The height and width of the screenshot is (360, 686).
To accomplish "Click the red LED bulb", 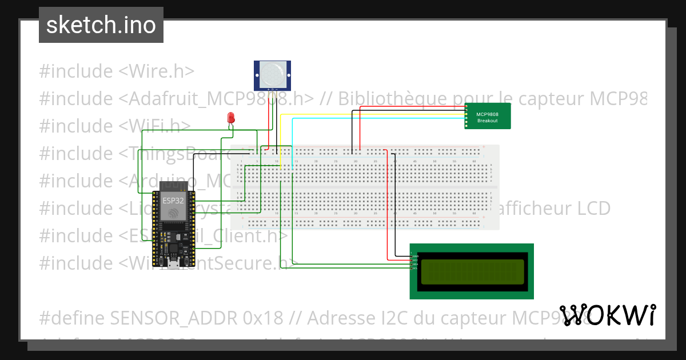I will (x=231, y=117).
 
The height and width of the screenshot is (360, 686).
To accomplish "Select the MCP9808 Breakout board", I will (x=488, y=117).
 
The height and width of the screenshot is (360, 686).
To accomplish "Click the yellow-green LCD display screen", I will (x=472, y=272).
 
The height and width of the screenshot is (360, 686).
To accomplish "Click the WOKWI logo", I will (x=607, y=315).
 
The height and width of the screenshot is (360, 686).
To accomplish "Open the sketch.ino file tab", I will (x=101, y=25).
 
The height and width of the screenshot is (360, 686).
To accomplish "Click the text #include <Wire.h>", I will (x=117, y=71).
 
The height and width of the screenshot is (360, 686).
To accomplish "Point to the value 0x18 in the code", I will (x=254, y=318).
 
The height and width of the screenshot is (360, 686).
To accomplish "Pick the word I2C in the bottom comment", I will (x=394, y=318).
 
